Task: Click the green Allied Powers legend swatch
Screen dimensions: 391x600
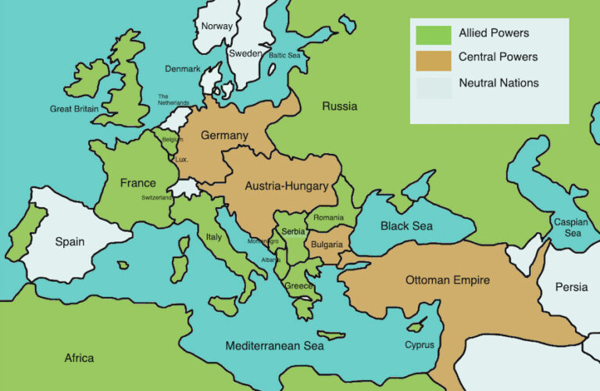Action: tap(433, 34)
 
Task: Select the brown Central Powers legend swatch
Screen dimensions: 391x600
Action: tap(433, 59)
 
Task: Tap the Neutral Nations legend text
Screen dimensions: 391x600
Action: tap(498, 83)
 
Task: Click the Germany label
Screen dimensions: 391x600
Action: tap(224, 135)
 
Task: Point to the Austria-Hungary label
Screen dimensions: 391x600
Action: tap(286, 186)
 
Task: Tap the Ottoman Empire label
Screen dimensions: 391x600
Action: tap(448, 279)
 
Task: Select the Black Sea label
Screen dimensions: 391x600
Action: tap(406, 226)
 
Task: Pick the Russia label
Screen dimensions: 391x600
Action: tap(340, 106)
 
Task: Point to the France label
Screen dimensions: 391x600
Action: tap(137, 183)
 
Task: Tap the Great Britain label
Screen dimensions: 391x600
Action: tap(74, 109)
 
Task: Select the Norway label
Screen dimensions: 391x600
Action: tap(216, 26)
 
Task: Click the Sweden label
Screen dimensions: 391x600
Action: tap(245, 54)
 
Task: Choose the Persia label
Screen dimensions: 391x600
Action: tap(571, 287)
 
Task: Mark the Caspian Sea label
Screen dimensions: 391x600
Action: tap(571, 227)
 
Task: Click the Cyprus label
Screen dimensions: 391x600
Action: tap(420, 345)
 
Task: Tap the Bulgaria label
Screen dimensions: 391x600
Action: tap(326, 245)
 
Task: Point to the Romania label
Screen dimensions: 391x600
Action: tap(328, 217)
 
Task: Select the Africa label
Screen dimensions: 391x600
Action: tap(79, 358)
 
